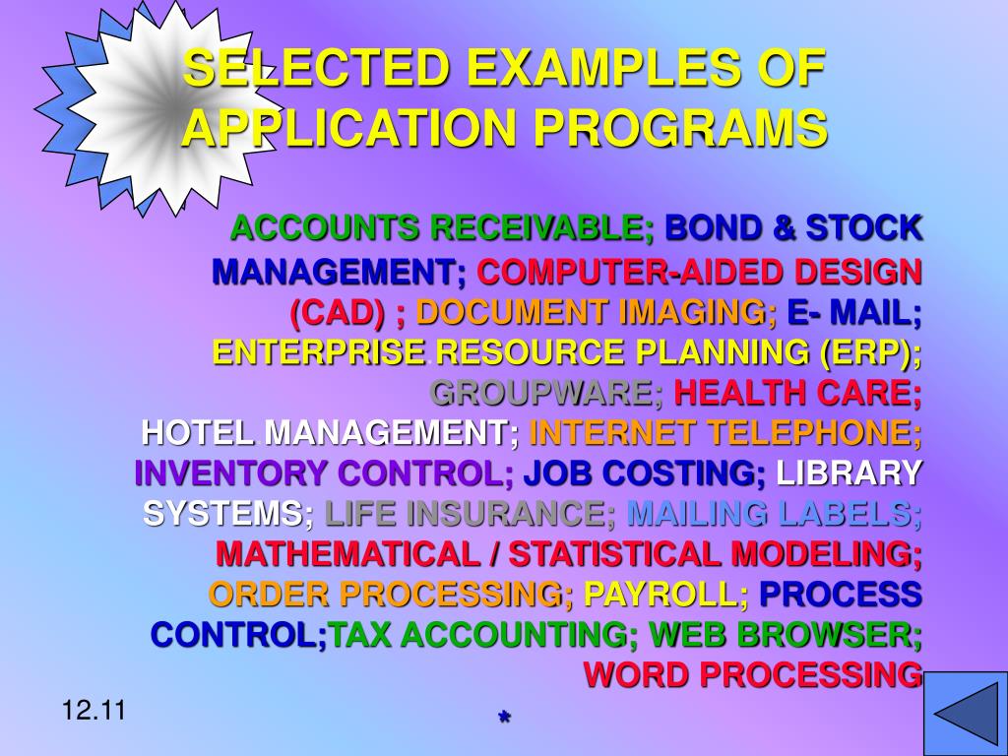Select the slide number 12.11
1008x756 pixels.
[x=93, y=709]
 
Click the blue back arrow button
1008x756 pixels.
[x=964, y=713]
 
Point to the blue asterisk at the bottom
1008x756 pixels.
[x=504, y=719]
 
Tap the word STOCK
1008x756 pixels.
[x=864, y=228]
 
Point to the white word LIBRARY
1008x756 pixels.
[x=849, y=473]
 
